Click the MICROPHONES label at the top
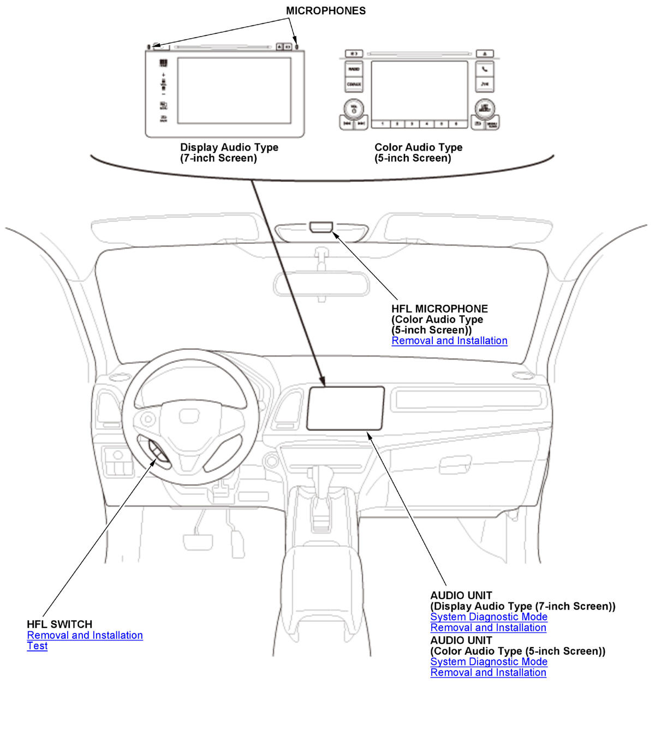coord(326,11)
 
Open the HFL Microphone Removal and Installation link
coord(449,341)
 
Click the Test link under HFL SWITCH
coord(37,646)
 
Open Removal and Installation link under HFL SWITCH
coord(85,635)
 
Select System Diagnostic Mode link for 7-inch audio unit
coord(489,617)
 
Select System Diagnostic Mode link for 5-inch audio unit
coord(489,662)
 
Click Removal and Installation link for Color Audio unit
coord(488,673)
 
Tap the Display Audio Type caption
coord(229,147)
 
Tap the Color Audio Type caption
coord(418,147)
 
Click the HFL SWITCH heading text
coord(59,624)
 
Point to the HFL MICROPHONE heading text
coord(439,309)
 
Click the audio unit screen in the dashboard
coord(345,408)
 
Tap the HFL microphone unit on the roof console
coord(321,227)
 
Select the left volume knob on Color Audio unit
coord(354,108)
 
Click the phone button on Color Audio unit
coord(485,69)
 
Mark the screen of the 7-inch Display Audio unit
coord(234,90)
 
